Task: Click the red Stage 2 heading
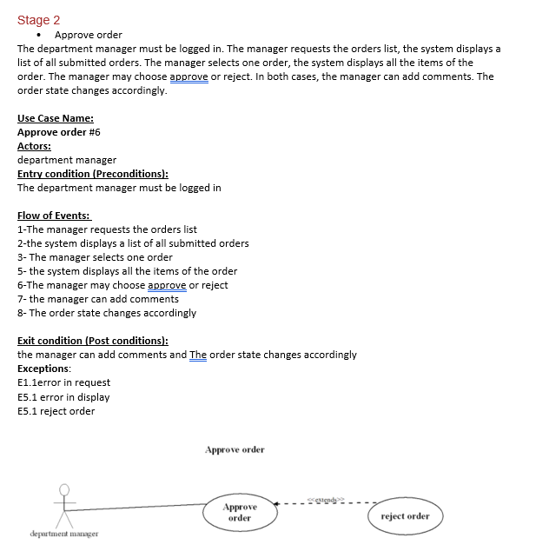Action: point(39,20)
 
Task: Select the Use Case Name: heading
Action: point(56,118)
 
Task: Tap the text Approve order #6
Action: point(59,132)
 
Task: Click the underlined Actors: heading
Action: point(34,146)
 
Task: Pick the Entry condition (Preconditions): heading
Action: point(93,174)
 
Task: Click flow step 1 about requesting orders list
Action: point(107,229)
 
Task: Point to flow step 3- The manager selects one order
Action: point(95,257)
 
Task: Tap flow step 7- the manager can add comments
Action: point(98,299)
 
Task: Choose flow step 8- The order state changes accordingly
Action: point(107,313)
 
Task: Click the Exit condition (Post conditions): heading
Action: point(93,341)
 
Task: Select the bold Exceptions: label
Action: point(44,369)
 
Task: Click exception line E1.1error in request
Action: point(63,382)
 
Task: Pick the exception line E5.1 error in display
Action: point(63,397)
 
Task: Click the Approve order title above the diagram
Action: point(235,449)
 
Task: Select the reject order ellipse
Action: point(405,515)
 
